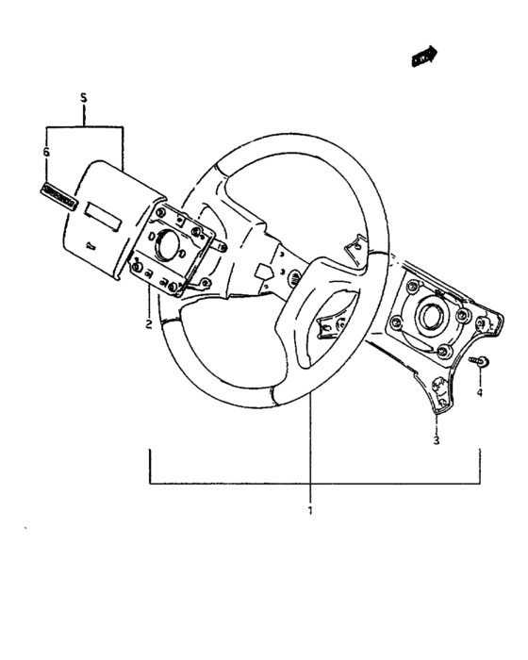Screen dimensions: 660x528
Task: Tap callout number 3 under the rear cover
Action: click(x=436, y=440)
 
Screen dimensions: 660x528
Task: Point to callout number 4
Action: click(x=479, y=391)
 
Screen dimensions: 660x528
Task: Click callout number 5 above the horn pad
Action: click(x=83, y=98)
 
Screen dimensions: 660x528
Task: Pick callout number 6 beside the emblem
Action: click(x=47, y=151)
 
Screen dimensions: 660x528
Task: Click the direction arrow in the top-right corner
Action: click(x=426, y=58)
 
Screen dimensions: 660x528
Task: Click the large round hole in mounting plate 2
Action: click(x=172, y=246)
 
